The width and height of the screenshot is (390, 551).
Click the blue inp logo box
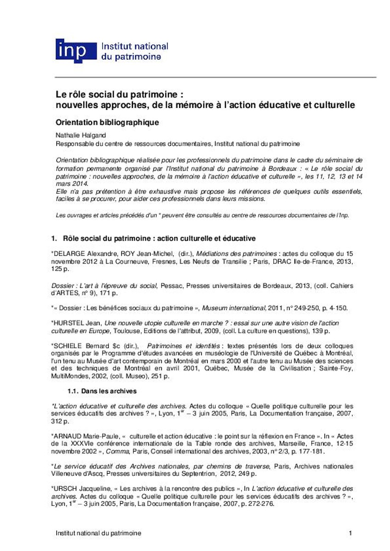coord(76,51)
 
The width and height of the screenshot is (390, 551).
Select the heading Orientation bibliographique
coord(107,123)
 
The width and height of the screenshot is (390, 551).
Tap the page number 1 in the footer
coord(350,533)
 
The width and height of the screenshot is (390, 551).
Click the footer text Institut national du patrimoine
coord(98,533)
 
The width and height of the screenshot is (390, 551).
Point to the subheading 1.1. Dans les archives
coord(102,391)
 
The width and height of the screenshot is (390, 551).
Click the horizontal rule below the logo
coord(216,77)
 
